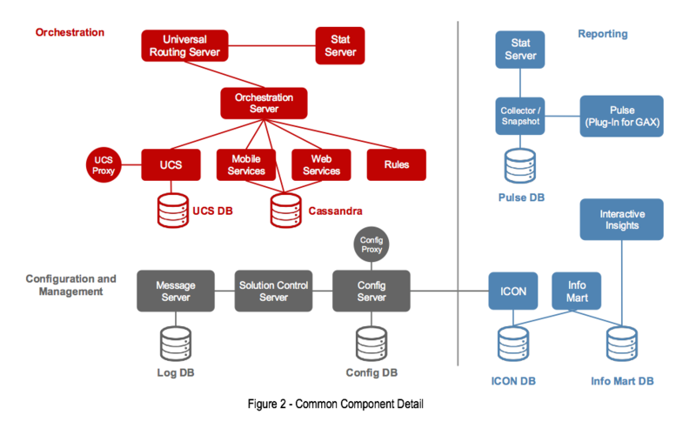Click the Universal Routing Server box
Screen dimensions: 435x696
pos(184,45)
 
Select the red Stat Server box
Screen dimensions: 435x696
pos(339,45)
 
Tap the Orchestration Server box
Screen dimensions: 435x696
pos(264,103)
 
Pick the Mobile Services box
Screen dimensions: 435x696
pos(246,164)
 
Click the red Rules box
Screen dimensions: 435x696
pos(396,164)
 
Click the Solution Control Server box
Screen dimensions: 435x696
pos(273,291)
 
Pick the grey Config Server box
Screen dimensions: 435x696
pos(371,291)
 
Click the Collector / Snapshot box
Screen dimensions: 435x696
pos(520,116)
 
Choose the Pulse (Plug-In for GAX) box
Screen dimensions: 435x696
pos(621,116)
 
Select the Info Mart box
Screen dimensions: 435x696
pos(577,291)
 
